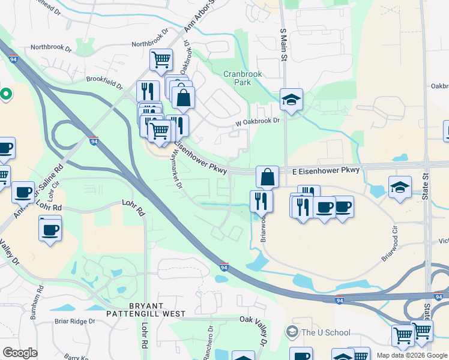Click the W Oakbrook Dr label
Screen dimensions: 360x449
(x=259, y=121)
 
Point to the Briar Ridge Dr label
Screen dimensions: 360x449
(x=74, y=321)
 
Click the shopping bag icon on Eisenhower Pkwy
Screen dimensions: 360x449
(x=268, y=177)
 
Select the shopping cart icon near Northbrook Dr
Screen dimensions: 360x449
(x=161, y=60)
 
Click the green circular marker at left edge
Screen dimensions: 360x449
(x=6, y=94)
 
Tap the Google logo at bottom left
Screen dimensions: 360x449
(x=20, y=353)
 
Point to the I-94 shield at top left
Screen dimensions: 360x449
(x=13, y=59)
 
